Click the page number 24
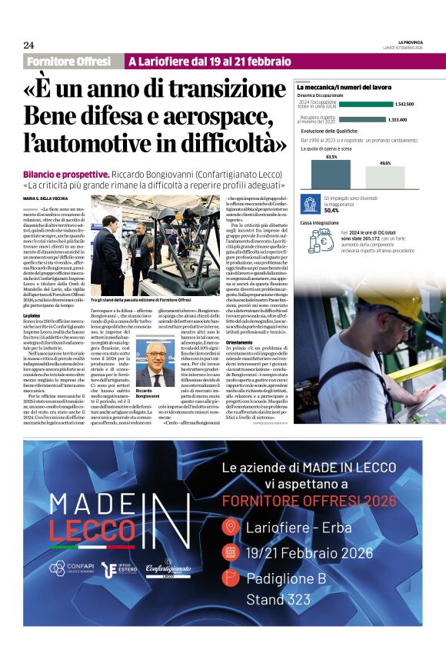point(28,45)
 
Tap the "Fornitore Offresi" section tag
point(68,61)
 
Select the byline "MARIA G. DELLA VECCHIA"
point(50,198)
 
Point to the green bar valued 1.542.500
point(365,104)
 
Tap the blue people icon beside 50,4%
point(311,205)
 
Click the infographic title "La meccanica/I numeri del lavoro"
point(344,88)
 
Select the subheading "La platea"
point(32,316)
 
